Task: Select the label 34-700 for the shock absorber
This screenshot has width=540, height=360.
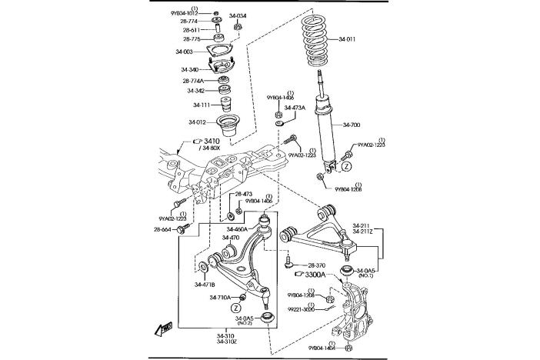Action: click(x=352, y=125)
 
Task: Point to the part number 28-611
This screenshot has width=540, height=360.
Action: click(x=192, y=30)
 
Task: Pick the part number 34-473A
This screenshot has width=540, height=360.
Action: click(x=295, y=108)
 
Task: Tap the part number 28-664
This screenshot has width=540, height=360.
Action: click(x=163, y=229)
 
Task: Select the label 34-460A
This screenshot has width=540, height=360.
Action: click(x=237, y=229)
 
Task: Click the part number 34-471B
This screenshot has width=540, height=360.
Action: click(x=205, y=285)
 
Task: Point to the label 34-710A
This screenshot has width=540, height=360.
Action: click(x=221, y=297)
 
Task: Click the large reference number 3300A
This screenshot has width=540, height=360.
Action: click(x=315, y=275)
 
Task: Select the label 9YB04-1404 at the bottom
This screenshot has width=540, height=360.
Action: click(x=322, y=348)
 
